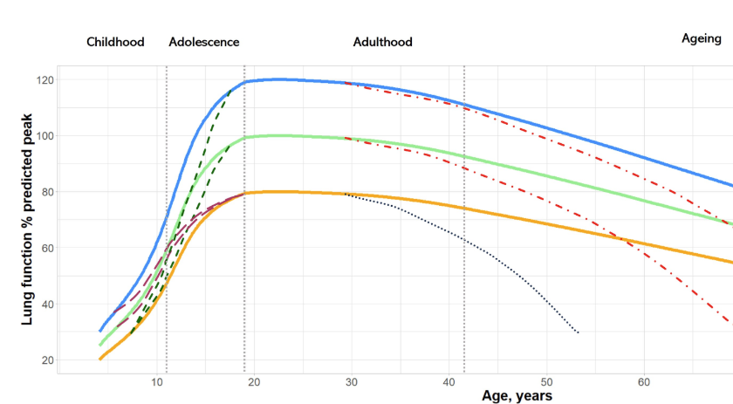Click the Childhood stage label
[115, 42]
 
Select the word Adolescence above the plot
[203, 42]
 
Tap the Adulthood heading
[382, 42]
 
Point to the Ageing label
[702, 38]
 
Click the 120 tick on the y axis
[44, 80]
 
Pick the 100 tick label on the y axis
[44, 136]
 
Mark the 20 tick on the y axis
[46, 359]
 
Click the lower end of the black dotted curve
[578, 332]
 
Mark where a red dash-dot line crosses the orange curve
[623, 239]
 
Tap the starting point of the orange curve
[100, 359]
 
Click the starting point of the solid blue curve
[100, 331]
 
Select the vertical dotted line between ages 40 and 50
[463, 218]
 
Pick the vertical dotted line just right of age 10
[167, 218]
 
